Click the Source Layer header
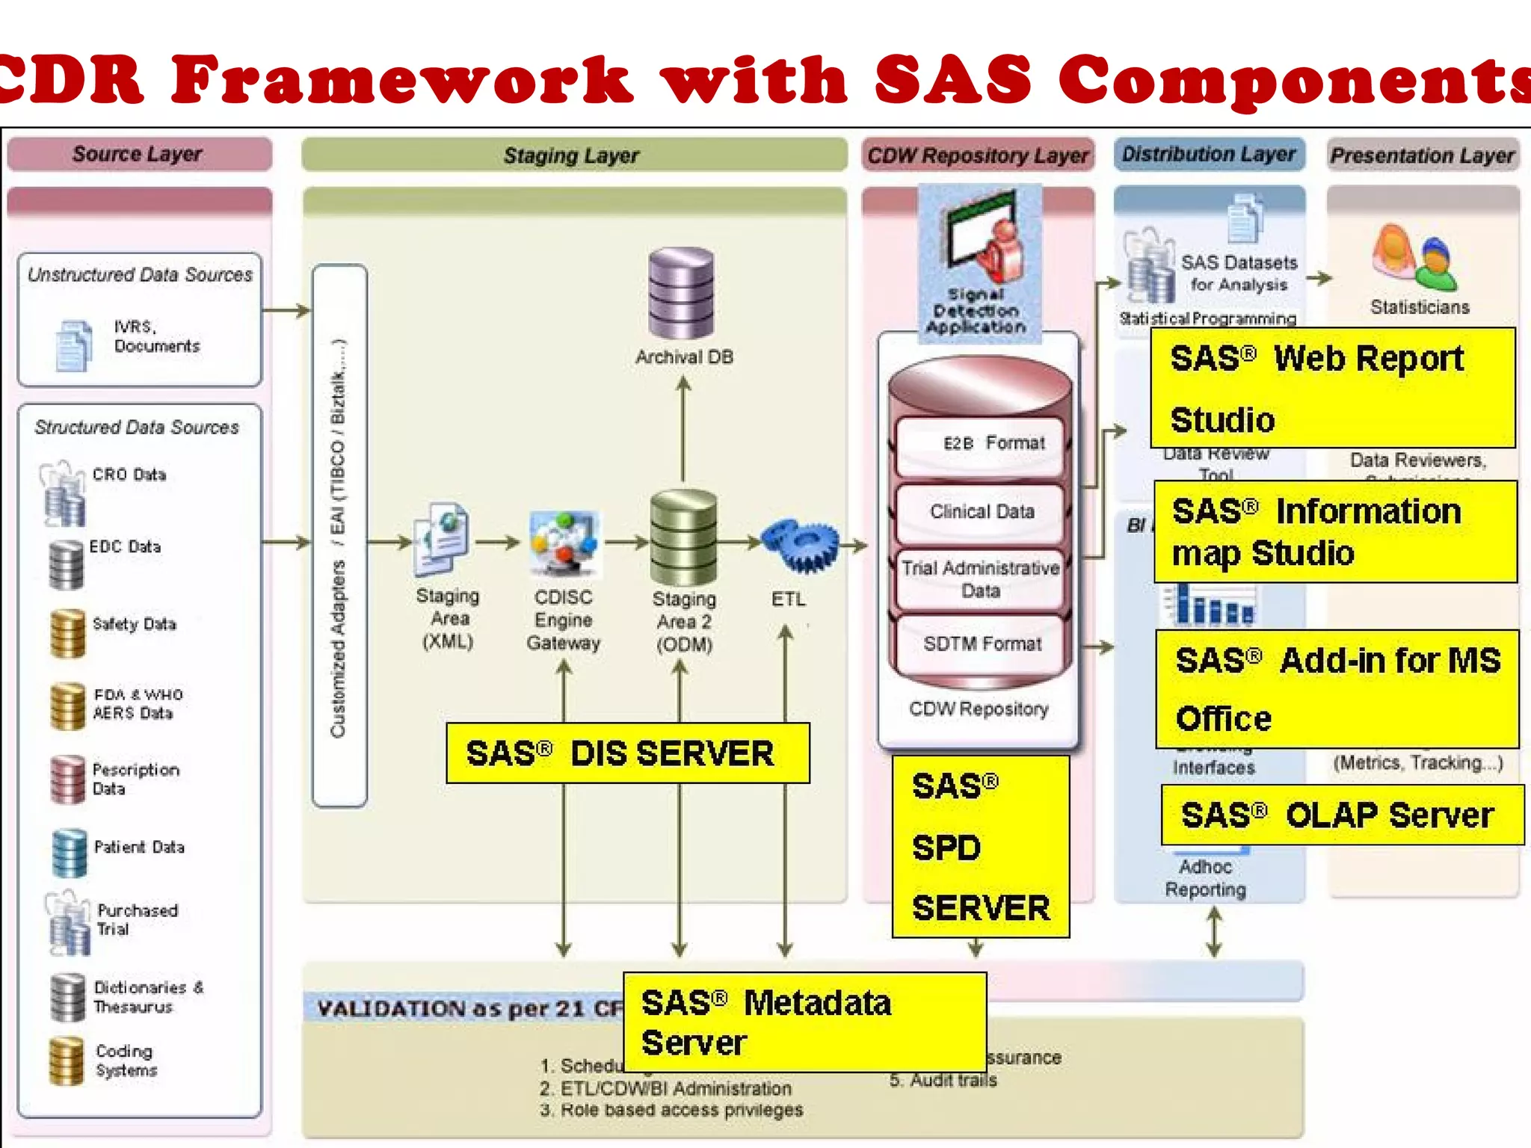139,154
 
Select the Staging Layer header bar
573,155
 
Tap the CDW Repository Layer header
977,155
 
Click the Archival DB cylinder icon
681,294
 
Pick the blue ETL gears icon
799,546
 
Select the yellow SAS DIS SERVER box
627,753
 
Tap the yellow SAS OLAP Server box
1341,815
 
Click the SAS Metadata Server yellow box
804,1022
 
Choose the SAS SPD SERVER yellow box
980,847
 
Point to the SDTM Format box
980,644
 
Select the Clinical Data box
980,512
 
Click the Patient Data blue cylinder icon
70,853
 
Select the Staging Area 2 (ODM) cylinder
683,537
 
